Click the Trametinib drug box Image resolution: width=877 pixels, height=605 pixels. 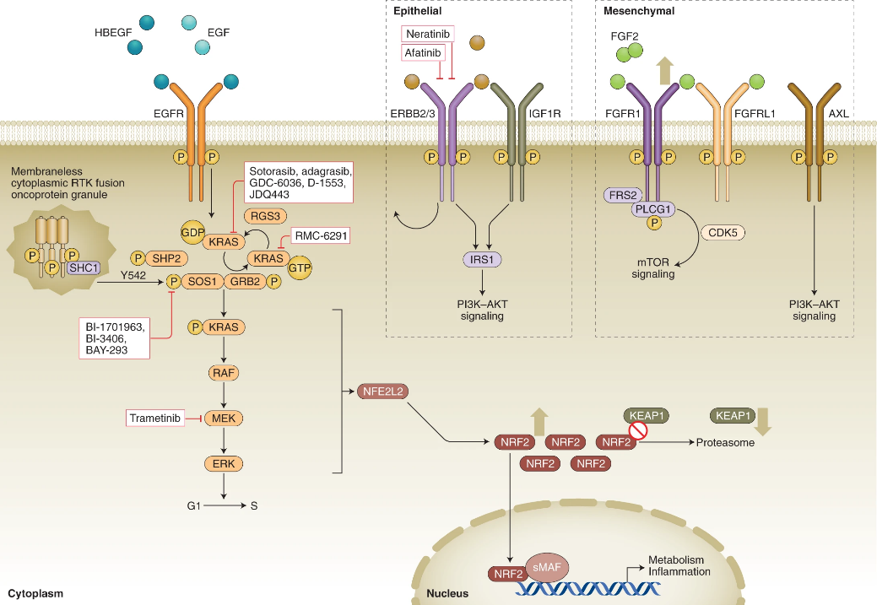[x=156, y=418]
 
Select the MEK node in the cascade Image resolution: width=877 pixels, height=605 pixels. [x=224, y=418]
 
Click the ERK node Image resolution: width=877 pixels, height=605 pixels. [x=224, y=463]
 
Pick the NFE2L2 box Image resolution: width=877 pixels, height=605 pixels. [x=381, y=391]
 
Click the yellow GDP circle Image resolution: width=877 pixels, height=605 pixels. [x=194, y=230]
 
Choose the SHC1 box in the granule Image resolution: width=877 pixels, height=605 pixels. [x=82, y=267]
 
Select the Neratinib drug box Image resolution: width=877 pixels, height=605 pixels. [x=427, y=33]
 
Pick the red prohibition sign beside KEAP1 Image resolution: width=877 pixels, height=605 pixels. [x=636, y=431]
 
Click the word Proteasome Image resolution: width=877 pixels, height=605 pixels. [x=725, y=442]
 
